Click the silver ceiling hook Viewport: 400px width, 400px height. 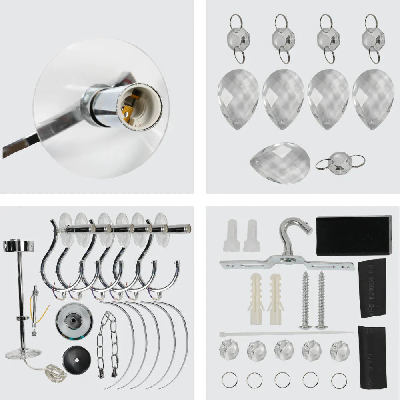(296, 236)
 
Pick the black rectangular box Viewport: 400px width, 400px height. (353, 235)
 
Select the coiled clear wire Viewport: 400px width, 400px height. (56, 373)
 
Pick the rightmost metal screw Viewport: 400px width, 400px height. (322, 300)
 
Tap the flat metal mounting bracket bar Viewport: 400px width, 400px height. (286, 264)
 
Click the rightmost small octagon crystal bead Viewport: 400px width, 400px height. (340, 350)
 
